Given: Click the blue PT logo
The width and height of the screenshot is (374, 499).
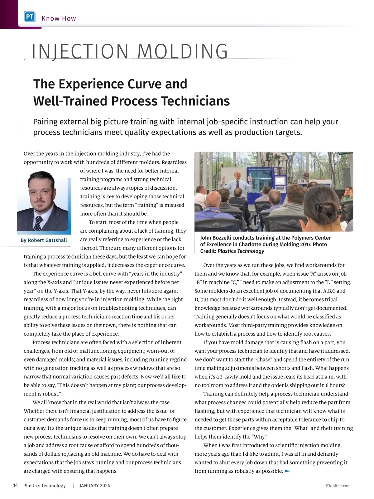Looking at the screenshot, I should [x=30, y=17].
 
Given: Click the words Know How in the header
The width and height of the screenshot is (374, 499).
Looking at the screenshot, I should [x=59, y=18].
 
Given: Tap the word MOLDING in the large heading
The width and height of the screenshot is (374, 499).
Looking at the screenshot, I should [x=183, y=52].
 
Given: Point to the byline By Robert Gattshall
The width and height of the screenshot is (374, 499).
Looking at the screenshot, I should [x=44, y=240].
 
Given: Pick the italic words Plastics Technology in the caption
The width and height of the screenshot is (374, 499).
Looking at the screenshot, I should [x=241, y=251].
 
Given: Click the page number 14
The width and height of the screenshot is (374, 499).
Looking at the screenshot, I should [x=15, y=486].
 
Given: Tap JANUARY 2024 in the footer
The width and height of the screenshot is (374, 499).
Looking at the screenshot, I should [x=95, y=486].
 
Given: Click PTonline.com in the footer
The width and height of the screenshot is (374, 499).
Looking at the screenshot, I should [x=338, y=486].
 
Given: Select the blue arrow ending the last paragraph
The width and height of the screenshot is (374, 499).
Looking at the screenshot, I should [x=288, y=471].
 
